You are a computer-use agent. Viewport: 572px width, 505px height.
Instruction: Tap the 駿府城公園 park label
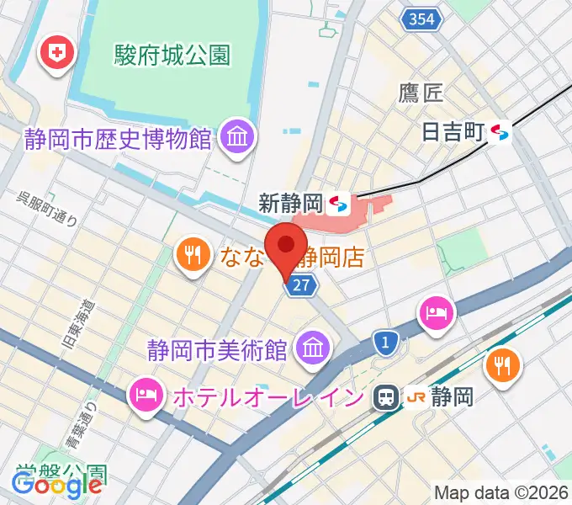(x=172, y=56)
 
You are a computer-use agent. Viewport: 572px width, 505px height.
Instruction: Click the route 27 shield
(x=301, y=286)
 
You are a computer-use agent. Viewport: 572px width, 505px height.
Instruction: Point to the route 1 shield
(x=385, y=341)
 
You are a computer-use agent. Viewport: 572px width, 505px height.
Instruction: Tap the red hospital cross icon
(x=59, y=55)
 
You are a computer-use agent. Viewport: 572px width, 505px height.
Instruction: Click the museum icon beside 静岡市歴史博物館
(x=236, y=136)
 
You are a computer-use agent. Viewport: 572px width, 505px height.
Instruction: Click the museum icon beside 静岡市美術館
(x=312, y=347)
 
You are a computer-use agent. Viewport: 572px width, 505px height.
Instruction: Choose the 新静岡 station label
(x=291, y=203)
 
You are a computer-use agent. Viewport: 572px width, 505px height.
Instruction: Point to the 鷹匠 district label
(x=421, y=93)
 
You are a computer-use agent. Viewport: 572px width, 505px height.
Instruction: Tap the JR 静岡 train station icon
(x=387, y=396)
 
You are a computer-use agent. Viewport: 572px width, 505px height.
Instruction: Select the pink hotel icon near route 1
(x=437, y=314)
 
